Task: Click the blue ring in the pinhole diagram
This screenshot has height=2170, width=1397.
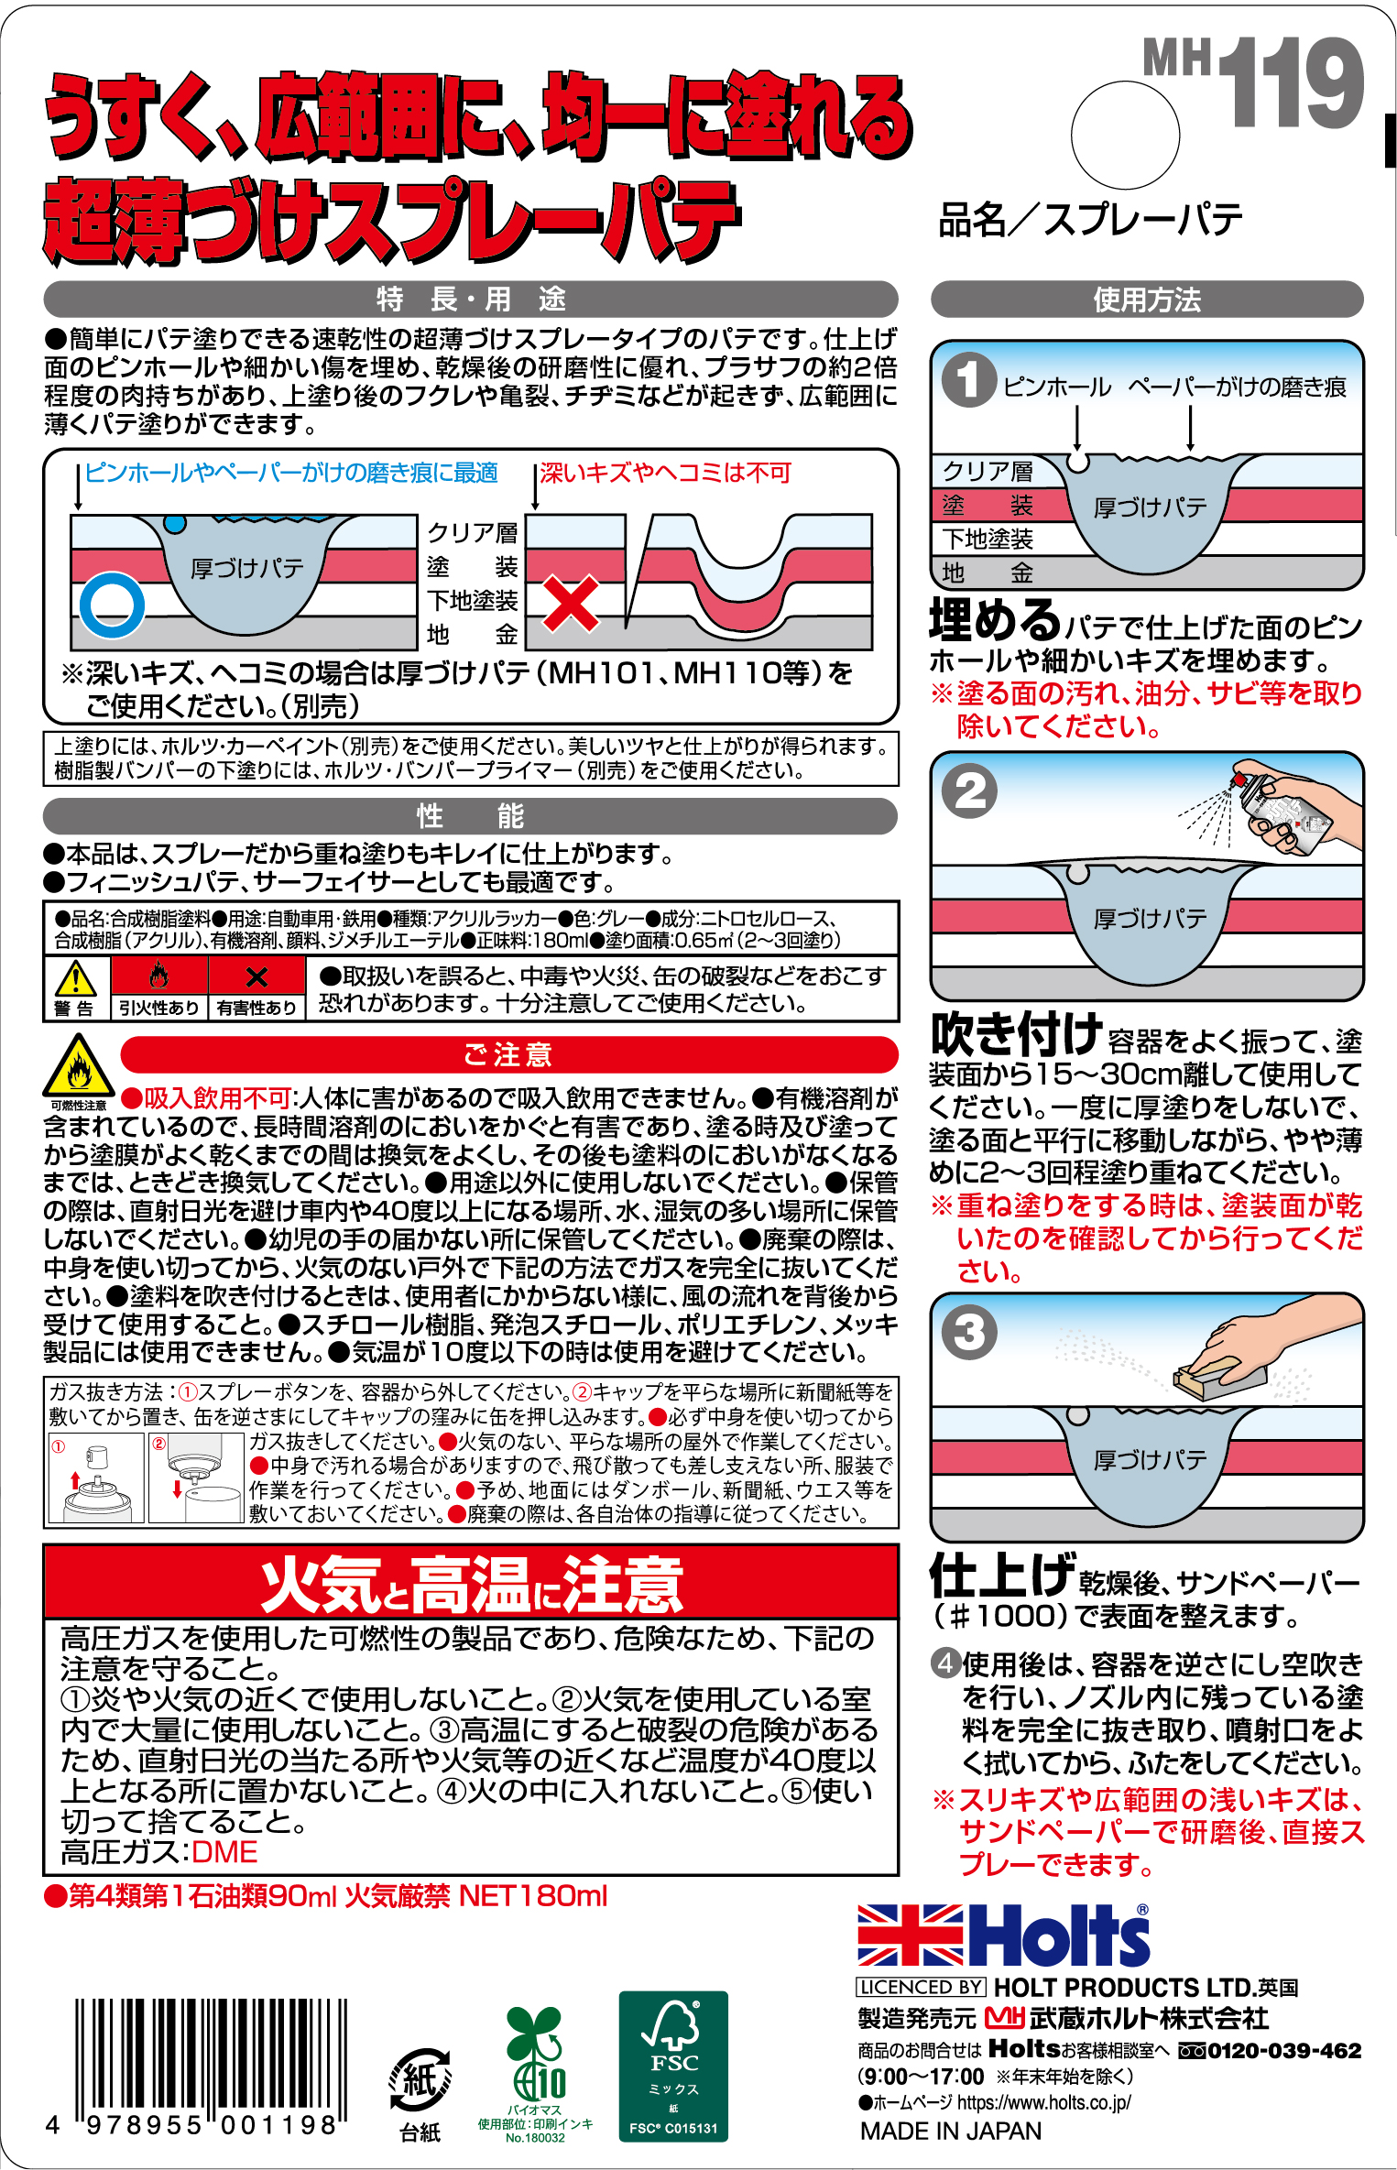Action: point(112,605)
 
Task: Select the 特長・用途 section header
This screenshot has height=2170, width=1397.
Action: point(470,299)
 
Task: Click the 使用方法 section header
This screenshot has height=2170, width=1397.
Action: point(1146,300)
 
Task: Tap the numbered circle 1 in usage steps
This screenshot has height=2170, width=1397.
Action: point(968,379)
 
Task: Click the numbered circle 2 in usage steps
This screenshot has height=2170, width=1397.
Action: point(970,791)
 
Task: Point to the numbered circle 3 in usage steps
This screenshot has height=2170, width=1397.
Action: point(969,1332)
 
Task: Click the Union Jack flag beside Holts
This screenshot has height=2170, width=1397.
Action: point(910,1935)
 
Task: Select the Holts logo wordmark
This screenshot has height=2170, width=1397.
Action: point(1059,1935)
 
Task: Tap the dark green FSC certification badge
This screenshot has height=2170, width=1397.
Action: point(673,2066)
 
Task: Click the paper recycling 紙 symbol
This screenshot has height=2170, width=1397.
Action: point(420,2079)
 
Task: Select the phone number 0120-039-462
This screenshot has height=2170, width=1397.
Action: point(1282,2051)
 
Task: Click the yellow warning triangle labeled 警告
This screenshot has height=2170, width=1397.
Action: point(75,980)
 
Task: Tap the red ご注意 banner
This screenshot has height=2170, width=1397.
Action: point(508,1054)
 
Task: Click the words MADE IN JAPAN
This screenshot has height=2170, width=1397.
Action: point(950,2132)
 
